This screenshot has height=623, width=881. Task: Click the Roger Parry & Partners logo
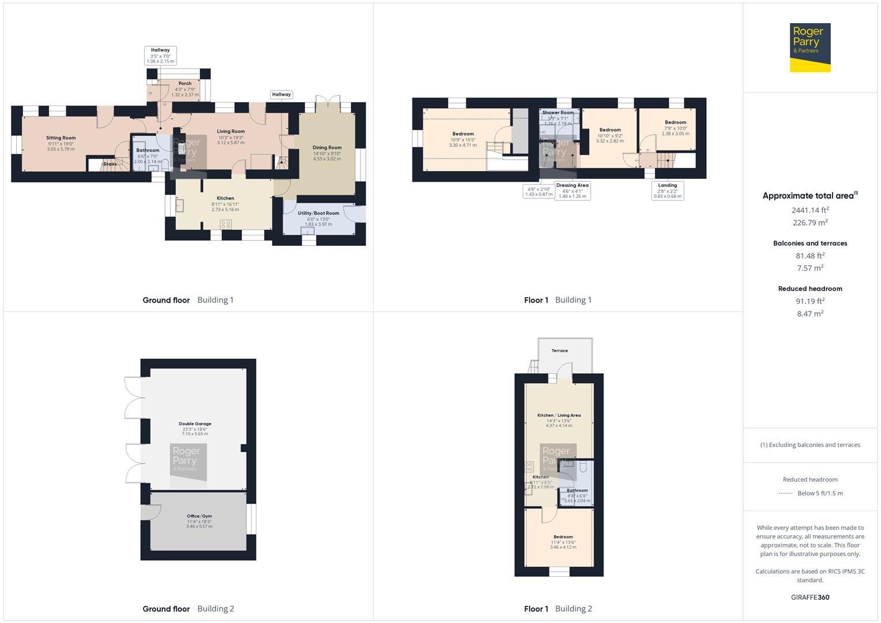pyautogui.click(x=809, y=47)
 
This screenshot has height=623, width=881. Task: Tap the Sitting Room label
pyautogui.click(x=61, y=138)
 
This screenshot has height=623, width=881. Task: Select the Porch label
pyautogui.click(x=185, y=84)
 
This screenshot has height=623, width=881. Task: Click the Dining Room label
pyautogui.click(x=327, y=148)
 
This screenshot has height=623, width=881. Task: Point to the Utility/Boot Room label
pyautogui.click(x=318, y=213)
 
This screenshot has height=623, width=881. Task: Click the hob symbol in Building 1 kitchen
pyautogui.click(x=226, y=224)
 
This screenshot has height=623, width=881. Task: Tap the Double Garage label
pyautogui.click(x=195, y=424)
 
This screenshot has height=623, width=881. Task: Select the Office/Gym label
pyautogui.click(x=199, y=516)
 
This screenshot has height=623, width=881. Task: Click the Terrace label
pyautogui.click(x=559, y=351)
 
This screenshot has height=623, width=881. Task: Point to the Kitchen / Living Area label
pyautogui.click(x=558, y=415)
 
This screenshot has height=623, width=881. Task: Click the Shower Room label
pyautogui.click(x=558, y=113)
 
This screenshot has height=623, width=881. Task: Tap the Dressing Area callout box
pyautogui.click(x=572, y=191)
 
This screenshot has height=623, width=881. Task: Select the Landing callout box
pyautogui.click(x=668, y=191)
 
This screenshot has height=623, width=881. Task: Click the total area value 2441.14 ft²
pyautogui.click(x=810, y=211)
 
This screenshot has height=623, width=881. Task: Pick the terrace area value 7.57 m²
pyautogui.click(x=810, y=268)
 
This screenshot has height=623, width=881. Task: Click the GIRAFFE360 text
pyautogui.click(x=810, y=598)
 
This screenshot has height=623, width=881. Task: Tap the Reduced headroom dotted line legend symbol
pyautogui.click(x=785, y=494)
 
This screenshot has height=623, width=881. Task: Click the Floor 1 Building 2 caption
pyautogui.click(x=558, y=609)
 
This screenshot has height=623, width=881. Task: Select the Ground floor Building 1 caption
pyautogui.click(x=188, y=300)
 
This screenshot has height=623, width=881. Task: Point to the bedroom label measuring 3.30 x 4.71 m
pyautogui.click(x=463, y=134)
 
